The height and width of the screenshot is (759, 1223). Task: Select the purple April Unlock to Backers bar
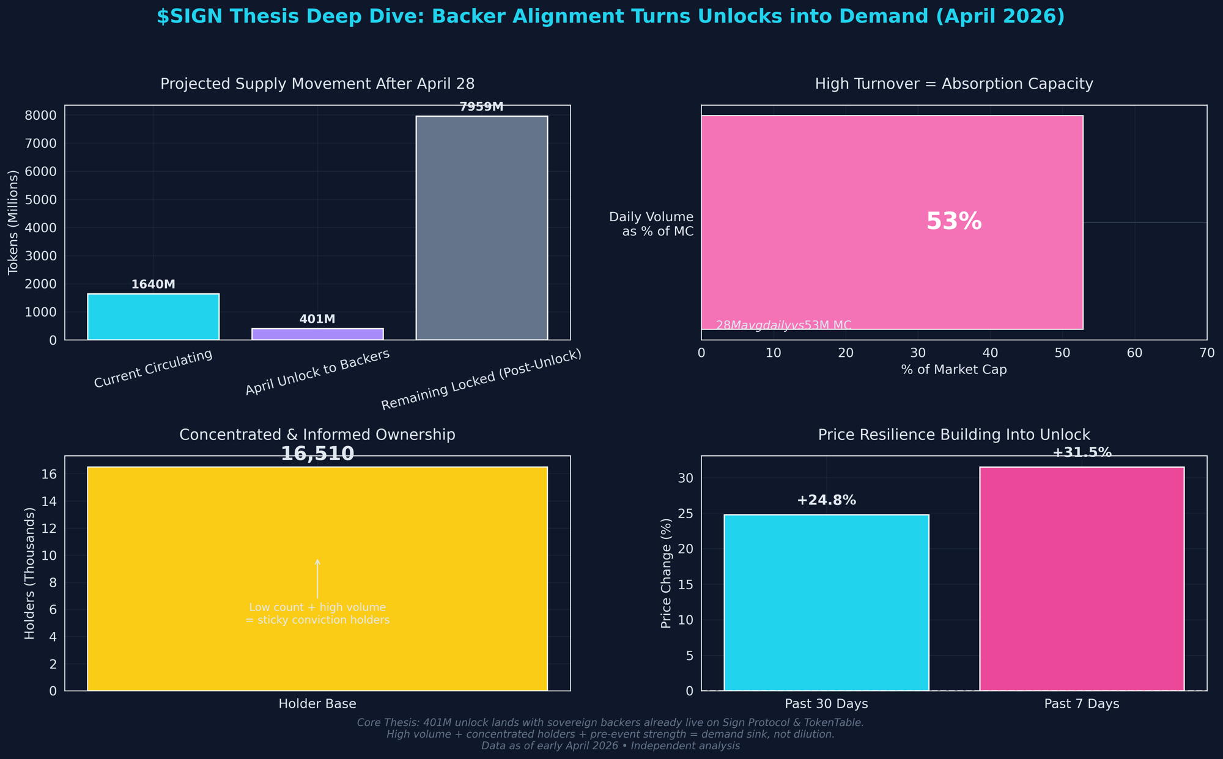click(317, 334)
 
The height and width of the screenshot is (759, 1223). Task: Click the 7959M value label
click(481, 107)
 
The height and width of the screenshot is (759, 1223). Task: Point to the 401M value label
click(317, 320)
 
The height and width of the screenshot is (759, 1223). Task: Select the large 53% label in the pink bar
click(953, 222)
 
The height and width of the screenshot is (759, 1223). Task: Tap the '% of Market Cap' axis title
click(953, 370)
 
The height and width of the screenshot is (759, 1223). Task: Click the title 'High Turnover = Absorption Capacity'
click(953, 84)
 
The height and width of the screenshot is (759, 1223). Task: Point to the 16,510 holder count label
click(317, 454)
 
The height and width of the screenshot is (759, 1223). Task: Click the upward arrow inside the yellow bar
click(317, 577)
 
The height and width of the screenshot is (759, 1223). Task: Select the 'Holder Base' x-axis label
click(317, 704)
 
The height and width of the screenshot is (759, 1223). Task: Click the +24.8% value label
click(826, 501)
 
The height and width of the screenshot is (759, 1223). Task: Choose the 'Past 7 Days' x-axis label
click(1081, 704)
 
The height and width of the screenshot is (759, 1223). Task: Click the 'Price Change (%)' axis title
click(667, 573)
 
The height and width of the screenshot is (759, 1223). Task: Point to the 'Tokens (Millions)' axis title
click(13, 222)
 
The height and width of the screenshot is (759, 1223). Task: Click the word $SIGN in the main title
click(186, 17)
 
